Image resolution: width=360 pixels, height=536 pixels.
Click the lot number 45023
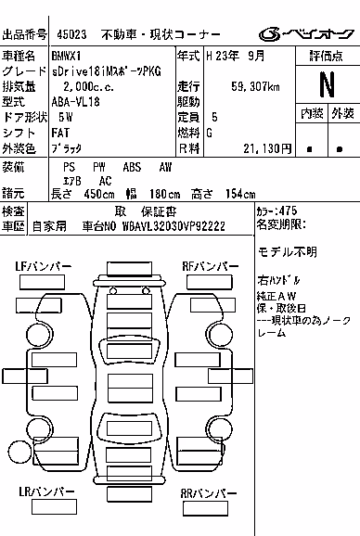(71, 34)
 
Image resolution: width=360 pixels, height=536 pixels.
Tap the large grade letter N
(328, 84)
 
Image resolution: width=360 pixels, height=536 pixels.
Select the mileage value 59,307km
(255, 86)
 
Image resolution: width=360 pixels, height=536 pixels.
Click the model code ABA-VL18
(75, 102)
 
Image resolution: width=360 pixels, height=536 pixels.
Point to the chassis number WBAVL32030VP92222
(174, 226)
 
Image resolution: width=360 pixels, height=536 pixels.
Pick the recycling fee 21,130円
(267, 148)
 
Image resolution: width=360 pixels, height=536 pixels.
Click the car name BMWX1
(66, 56)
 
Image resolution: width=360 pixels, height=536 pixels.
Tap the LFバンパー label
(43, 266)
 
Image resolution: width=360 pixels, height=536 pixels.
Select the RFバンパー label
(211, 266)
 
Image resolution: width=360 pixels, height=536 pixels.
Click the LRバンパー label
(46, 491)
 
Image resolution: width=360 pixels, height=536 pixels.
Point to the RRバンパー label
(209, 493)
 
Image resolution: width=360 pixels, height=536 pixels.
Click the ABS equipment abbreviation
(132, 167)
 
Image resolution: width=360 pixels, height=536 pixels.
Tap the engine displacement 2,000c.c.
(88, 86)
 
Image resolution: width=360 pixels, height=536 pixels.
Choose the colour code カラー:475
(276, 211)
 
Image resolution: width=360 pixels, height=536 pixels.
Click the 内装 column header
(312, 113)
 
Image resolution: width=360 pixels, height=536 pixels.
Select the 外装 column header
(342, 113)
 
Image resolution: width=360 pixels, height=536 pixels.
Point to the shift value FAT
(60, 133)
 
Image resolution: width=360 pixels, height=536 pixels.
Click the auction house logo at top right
(306, 34)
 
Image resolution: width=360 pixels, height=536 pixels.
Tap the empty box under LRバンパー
(54, 506)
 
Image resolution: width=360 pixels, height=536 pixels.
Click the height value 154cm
(240, 194)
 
